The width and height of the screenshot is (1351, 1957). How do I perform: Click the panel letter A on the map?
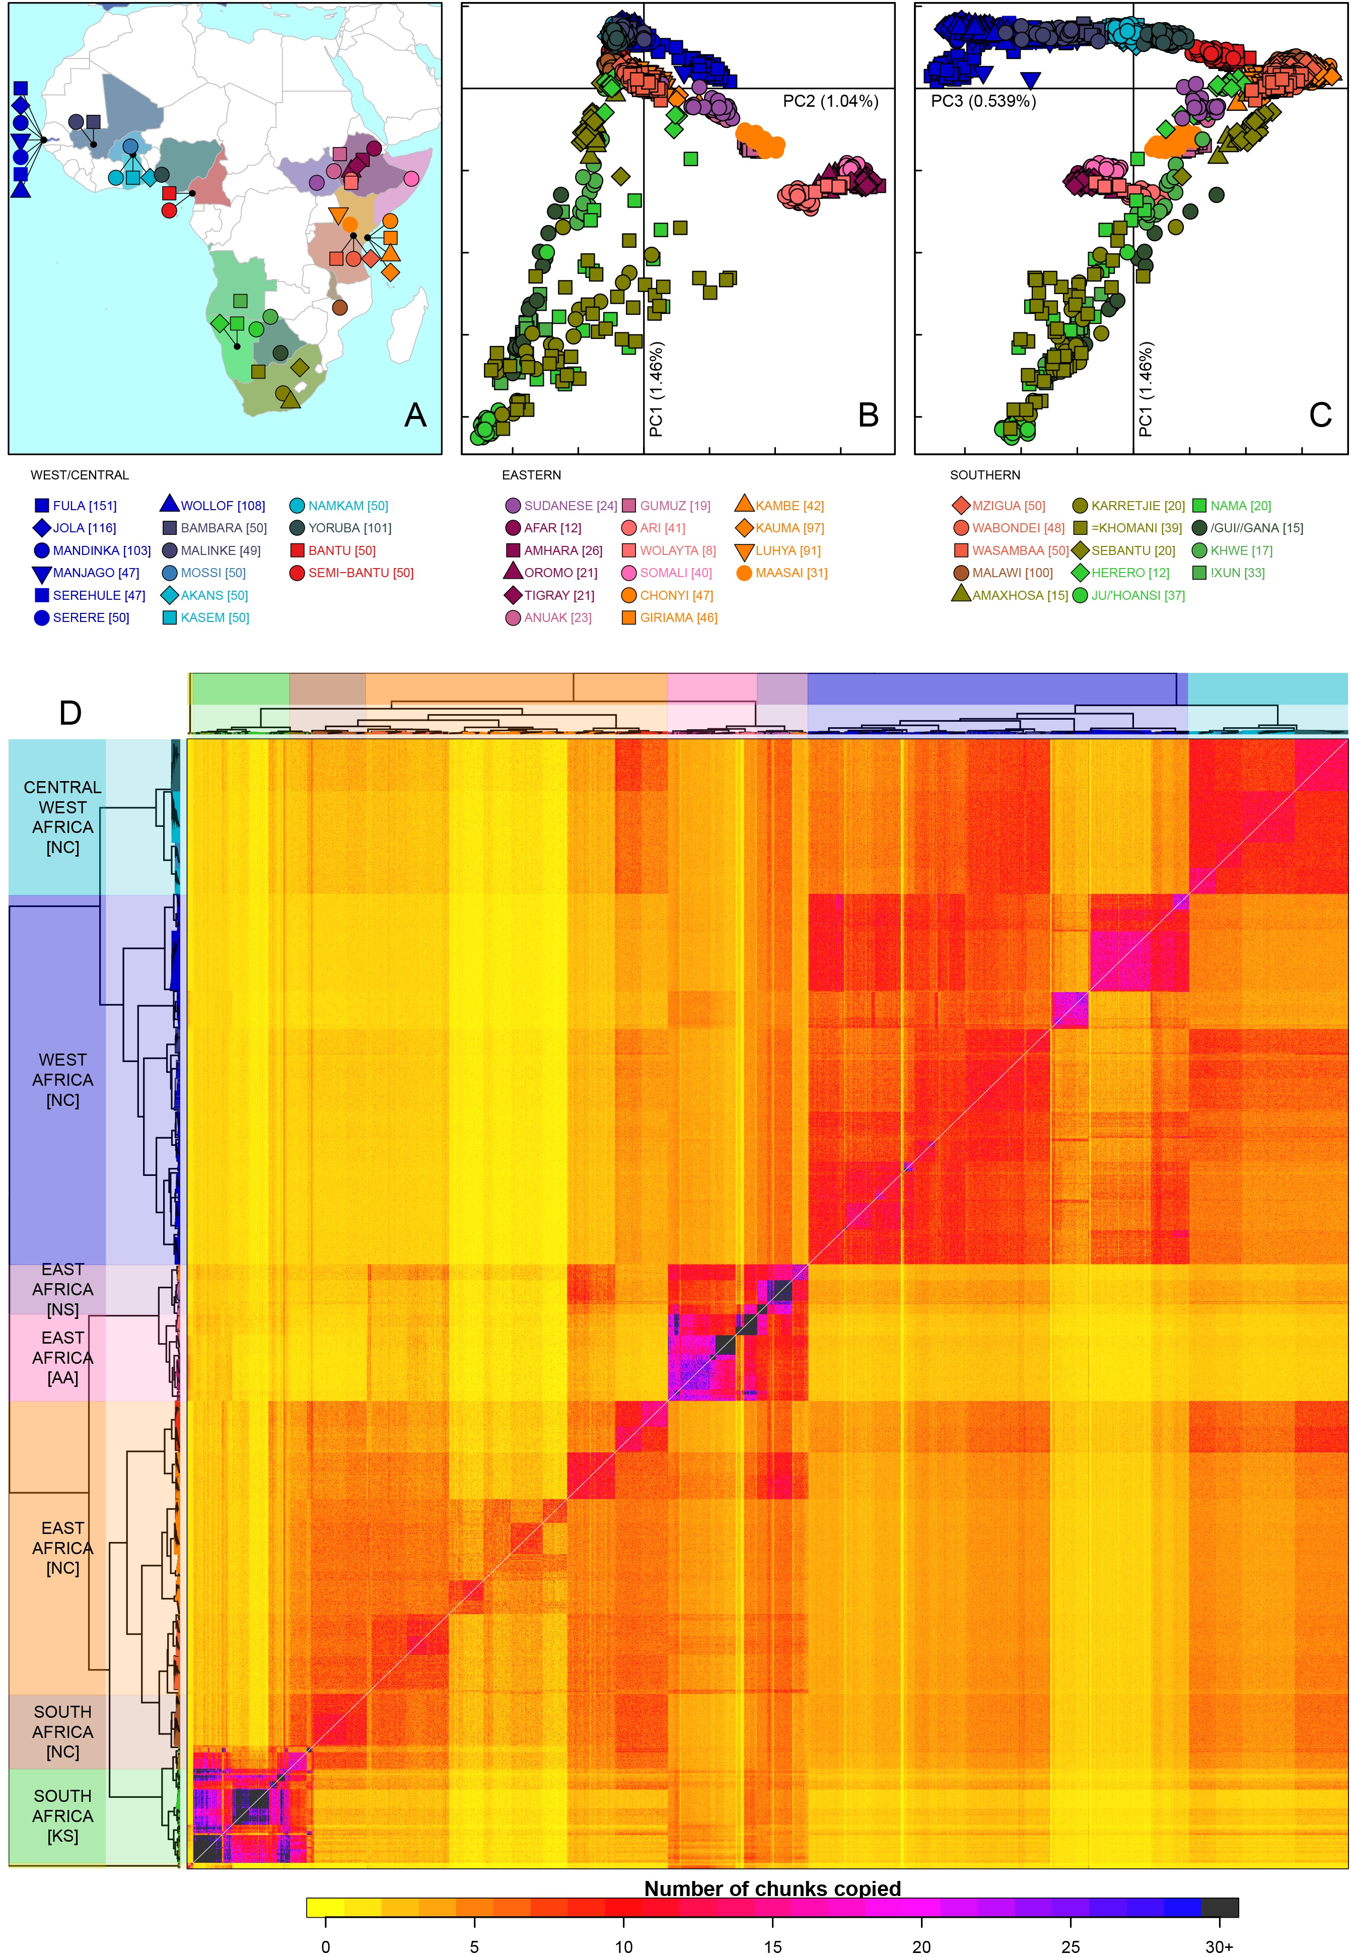[415, 415]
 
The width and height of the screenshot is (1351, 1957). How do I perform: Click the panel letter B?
[868, 415]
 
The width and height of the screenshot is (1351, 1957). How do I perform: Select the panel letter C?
[1320, 415]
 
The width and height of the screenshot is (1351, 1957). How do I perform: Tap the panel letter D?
[70, 714]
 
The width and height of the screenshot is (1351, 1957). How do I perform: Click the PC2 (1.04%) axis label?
[829, 102]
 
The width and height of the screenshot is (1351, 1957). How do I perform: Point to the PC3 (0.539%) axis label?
[983, 102]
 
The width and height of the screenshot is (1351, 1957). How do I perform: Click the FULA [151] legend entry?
[84, 506]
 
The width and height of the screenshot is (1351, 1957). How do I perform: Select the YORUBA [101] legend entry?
[349, 528]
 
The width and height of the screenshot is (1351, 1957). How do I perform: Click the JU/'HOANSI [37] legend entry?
[1137, 596]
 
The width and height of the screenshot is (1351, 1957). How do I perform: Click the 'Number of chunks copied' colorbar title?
[772, 1889]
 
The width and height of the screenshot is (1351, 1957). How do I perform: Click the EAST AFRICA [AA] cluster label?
[62, 1358]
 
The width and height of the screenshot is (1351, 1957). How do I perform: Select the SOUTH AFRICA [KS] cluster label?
[62, 1815]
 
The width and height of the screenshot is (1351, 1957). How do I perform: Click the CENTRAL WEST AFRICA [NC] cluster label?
[62, 817]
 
